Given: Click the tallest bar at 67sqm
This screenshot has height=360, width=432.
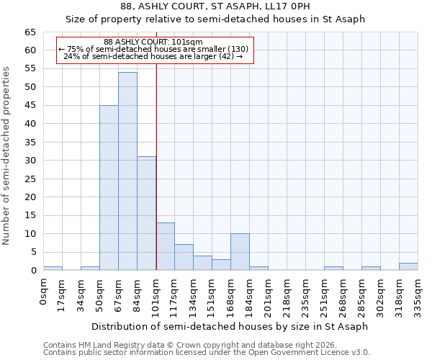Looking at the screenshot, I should point(127,171).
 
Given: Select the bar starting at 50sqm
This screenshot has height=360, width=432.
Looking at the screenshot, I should point(109,188).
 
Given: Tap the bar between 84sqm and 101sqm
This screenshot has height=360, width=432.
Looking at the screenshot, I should point(146,213).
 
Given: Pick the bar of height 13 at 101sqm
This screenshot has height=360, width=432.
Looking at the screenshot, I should point(165,246).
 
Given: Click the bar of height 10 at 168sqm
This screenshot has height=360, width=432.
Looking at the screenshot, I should point(240,252).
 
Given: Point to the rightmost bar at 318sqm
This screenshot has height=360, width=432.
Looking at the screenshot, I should point(408,266).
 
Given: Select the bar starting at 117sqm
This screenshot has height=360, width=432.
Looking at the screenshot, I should point(184,257).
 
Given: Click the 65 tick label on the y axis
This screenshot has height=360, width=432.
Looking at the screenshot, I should point(30,32).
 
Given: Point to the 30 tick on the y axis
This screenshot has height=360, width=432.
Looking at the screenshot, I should point(30,161).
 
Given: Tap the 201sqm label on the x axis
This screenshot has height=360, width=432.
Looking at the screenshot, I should point(269,294).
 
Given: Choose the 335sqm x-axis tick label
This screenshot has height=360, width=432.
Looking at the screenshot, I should point(418,294).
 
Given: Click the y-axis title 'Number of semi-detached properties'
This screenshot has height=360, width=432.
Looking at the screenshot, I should point(6,156).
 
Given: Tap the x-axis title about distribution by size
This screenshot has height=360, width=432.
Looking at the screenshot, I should point(230,326).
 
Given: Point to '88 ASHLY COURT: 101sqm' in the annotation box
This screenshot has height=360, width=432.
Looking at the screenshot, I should point(153,42).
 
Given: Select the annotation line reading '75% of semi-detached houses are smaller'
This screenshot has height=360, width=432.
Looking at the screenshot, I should point(153,49).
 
